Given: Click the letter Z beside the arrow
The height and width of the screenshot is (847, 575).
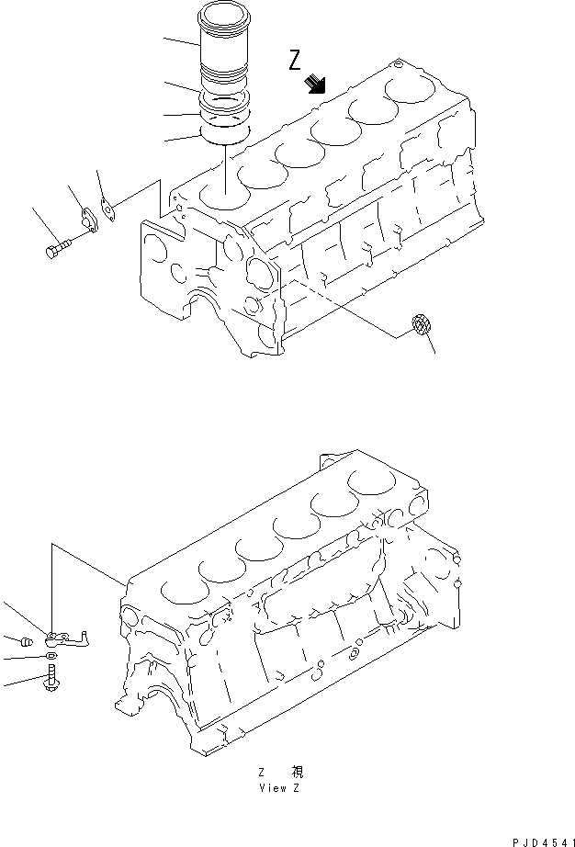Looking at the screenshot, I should [295, 61].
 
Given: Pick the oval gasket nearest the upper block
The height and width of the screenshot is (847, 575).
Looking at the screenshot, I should [108, 212].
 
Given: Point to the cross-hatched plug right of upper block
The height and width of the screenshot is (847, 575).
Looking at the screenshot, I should [421, 327].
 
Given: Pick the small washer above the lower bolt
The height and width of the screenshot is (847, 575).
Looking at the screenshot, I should [51, 657].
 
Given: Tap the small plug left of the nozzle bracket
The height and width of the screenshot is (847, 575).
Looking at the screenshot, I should [26, 640].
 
